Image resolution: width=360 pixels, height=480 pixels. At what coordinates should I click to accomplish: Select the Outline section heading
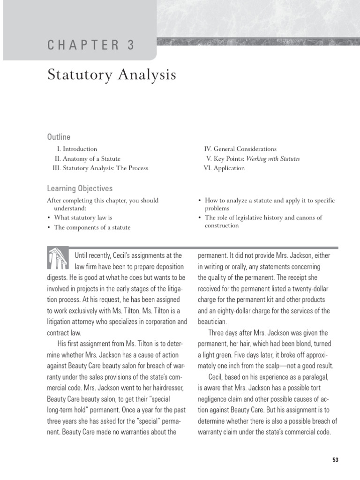click(x=59, y=137)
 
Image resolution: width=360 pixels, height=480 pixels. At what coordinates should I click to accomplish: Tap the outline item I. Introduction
click(x=77, y=149)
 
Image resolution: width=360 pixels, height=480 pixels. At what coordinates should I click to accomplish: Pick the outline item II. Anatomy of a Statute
click(x=88, y=158)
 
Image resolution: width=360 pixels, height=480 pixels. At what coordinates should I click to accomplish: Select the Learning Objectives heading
click(x=80, y=188)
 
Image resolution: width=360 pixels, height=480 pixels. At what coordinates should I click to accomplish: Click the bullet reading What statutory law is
click(x=83, y=217)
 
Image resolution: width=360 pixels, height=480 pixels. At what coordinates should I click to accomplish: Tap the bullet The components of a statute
click(x=92, y=227)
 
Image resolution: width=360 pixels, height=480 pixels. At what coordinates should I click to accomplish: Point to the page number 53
click(x=335, y=460)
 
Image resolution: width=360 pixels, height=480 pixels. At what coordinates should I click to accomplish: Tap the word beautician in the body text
click(x=212, y=322)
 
